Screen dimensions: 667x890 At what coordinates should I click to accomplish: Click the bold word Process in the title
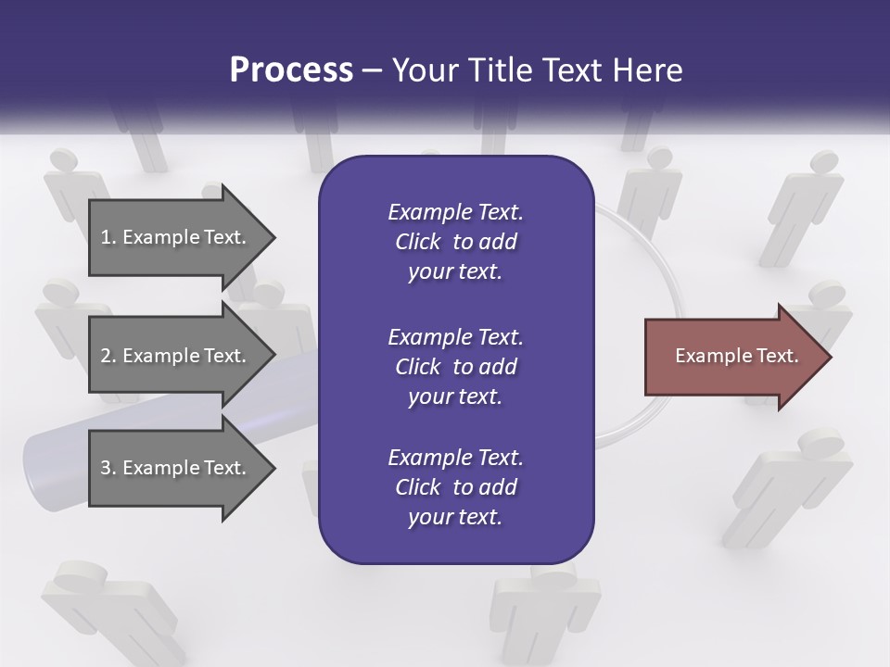[291, 70]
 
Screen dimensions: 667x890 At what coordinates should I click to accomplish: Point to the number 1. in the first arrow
[108, 237]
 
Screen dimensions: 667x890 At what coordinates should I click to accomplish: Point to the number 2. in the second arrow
[108, 356]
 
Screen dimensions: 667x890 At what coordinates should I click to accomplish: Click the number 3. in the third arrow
[108, 468]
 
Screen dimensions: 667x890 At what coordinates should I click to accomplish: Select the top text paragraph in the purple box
[455, 242]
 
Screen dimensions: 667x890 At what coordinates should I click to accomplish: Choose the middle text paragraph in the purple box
[455, 367]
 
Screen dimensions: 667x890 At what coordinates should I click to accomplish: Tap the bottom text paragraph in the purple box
[455, 487]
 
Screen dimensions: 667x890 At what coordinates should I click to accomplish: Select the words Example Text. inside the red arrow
[737, 356]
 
